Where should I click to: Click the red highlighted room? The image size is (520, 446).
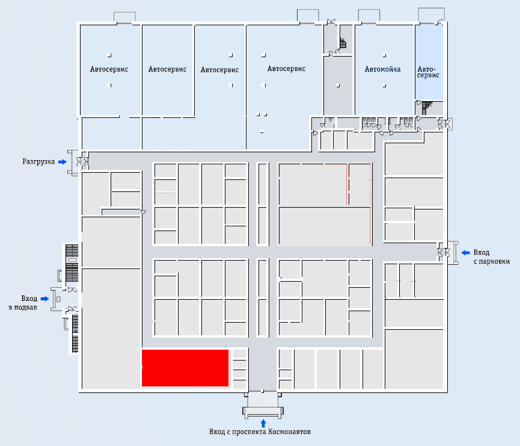click(185, 368)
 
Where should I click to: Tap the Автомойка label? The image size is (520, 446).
click(382, 69)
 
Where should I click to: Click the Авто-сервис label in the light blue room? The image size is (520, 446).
click(428, 72)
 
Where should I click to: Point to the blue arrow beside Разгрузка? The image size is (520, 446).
click(63, 162)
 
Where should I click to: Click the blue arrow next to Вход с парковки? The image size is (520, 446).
click(466, 253)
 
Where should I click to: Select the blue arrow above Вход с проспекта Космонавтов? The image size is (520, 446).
click(263, 423)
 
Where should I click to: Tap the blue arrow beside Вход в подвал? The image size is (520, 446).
click(44, 299)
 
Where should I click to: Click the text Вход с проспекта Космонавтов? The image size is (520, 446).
click(260, 432)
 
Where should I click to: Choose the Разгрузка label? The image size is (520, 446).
click(38, 162)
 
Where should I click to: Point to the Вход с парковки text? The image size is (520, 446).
click(492, 257)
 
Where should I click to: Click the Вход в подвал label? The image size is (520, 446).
click(23, 303)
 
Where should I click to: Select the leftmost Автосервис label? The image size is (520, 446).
click(109, 69)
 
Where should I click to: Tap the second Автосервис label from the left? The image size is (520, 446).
click(167, 69)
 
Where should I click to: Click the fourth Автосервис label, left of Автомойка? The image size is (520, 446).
click(286, 69)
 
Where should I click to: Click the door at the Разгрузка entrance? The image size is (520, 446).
click(82, 162)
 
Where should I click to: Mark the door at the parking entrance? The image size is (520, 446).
click(444, 253)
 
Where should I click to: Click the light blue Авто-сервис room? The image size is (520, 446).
click(429, 62)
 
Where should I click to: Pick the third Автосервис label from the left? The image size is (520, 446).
click(219, 70)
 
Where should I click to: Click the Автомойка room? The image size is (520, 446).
click(385, 70)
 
